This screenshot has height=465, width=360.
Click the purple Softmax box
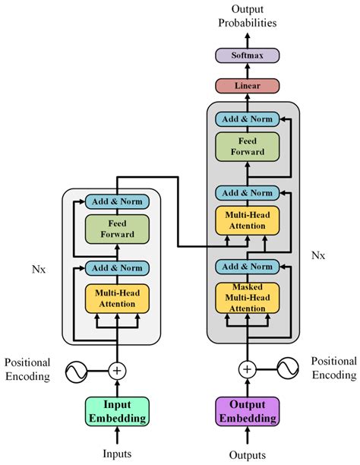click(x=247, y=55)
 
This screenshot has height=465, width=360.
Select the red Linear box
click(x=247, y=85)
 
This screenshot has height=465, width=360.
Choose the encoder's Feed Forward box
click(x=116, y=229)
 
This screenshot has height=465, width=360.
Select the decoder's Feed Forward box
click(x=248, y=147)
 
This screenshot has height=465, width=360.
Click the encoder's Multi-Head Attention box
click(x=116, y=299)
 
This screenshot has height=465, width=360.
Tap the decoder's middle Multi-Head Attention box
click(x=248, y=220)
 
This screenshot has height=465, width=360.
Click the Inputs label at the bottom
click(x=117, y=454)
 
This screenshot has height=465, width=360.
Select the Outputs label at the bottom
click(x=248, y=454)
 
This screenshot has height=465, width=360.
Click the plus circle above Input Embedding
click(x=116, y=370)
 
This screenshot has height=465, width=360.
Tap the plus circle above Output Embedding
click(x=248, y=370)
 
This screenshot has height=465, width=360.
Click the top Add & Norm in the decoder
click(x=248, y=119)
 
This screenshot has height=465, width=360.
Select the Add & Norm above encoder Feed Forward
click(x=116, y=201)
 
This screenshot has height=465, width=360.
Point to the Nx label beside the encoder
click(x=39, y=270)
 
